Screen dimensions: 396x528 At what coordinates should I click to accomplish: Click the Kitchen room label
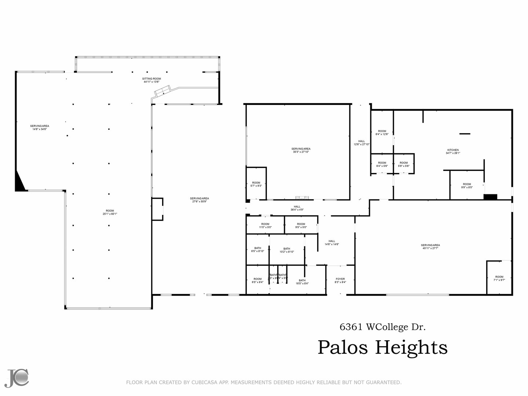point(453,151)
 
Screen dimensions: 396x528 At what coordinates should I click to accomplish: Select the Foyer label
point(340,280)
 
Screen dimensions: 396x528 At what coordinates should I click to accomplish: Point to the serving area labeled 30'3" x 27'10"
point(301,150)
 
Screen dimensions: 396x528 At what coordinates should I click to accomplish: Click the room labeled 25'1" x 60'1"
point(110,212)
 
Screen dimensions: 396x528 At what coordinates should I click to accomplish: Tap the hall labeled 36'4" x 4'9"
point(297,208)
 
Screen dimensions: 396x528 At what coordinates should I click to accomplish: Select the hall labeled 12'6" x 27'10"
point(362,143)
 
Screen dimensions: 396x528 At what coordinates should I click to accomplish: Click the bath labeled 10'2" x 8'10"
point(286,250)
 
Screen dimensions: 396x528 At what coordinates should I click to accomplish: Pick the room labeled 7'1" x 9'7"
point(499,278)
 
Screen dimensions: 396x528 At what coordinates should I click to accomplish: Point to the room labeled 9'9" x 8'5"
point(467,186)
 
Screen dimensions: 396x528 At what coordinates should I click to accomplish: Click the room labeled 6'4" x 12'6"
point(382,132)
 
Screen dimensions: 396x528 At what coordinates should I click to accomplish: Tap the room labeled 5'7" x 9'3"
point(256,184)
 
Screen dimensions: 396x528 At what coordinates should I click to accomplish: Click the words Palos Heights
point(382,347)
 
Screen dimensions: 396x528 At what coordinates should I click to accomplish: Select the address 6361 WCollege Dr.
point(382,327)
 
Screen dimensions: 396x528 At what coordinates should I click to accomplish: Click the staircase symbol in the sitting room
point(162,91)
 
